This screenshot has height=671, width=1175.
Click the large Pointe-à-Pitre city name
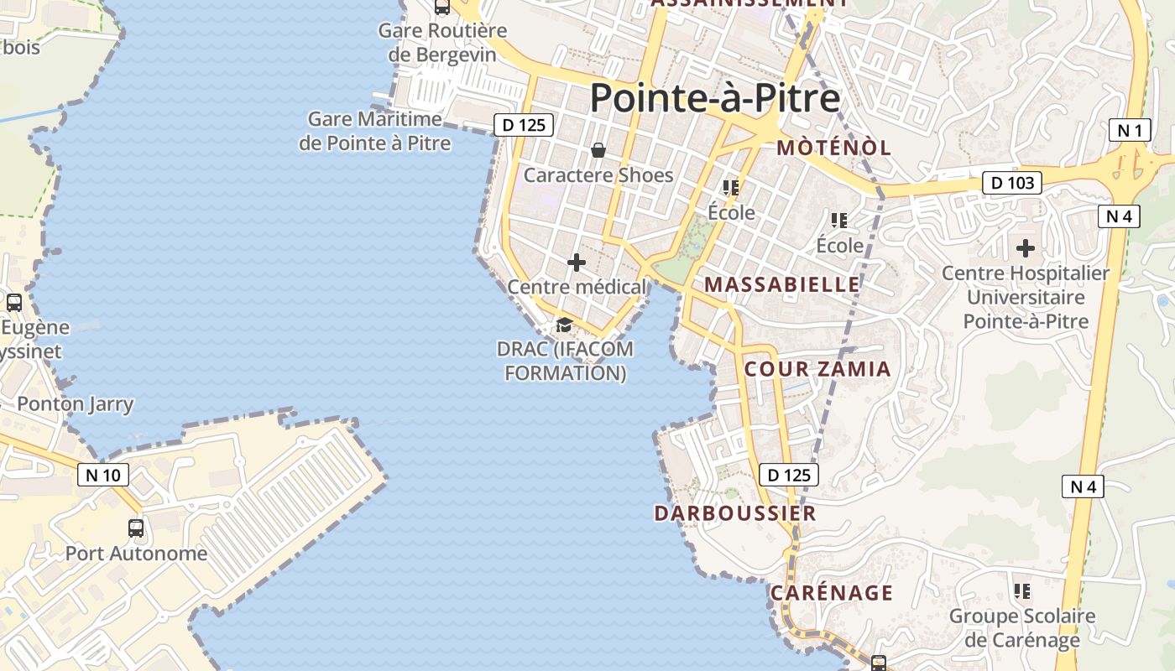714,98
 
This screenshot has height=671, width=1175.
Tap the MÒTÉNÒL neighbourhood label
833,148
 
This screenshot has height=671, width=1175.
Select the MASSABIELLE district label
782,284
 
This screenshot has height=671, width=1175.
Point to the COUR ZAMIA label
817,369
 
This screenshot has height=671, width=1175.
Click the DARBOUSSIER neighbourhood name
735,513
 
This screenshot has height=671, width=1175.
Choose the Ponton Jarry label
76,404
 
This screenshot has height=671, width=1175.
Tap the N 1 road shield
1130,130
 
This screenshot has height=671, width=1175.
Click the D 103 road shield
1011,183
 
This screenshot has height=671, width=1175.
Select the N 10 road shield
103,475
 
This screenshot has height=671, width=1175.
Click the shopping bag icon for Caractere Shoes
598,151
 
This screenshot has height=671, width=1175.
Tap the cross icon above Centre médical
577,263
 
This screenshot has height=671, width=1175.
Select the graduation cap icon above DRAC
564,325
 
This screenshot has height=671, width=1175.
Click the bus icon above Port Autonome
136,528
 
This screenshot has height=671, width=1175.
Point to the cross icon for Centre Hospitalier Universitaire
1025,248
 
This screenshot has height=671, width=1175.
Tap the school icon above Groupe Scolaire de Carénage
1022,591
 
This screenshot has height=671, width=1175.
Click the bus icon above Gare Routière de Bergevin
441,8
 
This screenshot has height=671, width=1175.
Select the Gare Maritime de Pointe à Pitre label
374,132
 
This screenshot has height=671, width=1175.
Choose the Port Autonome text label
136,554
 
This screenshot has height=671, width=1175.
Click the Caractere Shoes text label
598,175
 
